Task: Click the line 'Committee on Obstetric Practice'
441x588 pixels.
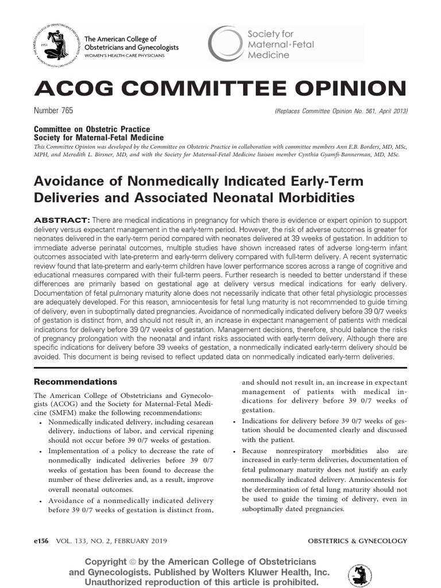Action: (92, 130)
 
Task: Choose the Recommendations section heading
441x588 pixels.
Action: (76, 381)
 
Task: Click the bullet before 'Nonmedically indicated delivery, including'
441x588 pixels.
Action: (40, 423)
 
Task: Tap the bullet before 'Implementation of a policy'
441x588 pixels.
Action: (40, 451)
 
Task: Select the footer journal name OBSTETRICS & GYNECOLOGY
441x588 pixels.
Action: (357, 541)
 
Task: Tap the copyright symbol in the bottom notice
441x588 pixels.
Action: (131, 562)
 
